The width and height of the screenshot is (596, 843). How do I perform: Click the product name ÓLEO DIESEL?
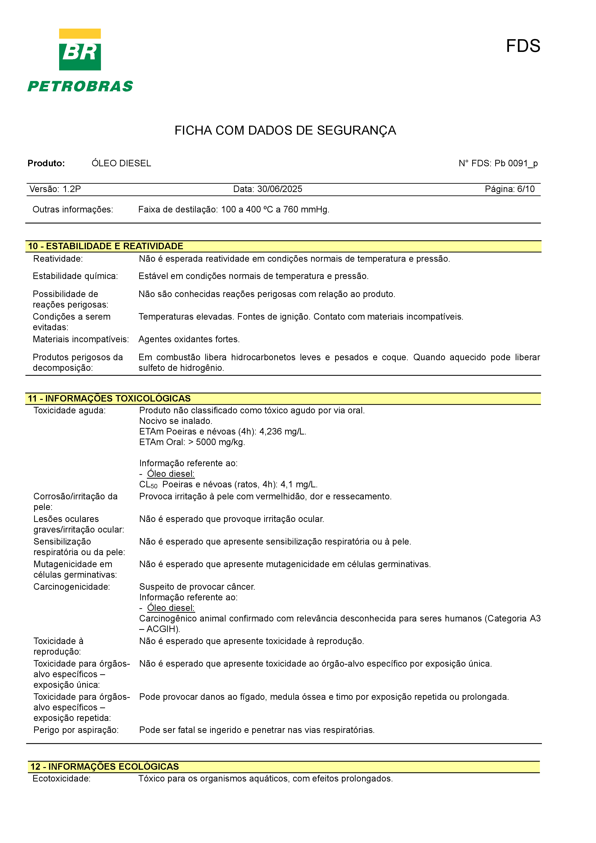(x=121, y=163)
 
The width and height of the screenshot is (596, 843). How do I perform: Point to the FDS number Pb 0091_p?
(x=516, y=163)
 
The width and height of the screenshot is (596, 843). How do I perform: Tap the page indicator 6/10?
(x=526, y=189)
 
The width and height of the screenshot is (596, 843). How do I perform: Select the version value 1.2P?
(x=72, y=189)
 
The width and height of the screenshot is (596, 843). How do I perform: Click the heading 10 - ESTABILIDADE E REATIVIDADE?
(x=106, y=246)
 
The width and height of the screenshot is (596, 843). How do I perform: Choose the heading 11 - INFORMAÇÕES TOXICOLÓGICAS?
(x=109, y=398)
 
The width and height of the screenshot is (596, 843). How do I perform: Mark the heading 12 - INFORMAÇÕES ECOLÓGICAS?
(x=105, y=767)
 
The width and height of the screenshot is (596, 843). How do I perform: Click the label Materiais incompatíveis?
(x=81, y=339)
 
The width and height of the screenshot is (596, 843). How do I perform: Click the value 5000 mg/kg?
(x=220, y=442)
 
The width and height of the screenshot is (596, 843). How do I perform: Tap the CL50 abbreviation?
(x=148, y=485)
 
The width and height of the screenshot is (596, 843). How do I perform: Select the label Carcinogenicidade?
(x=72, y=587)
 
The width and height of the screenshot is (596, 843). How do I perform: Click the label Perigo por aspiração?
(x=76, y=730)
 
